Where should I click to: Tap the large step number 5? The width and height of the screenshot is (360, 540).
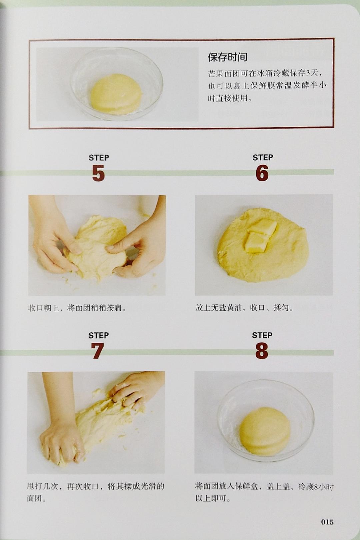(x=98, y=173)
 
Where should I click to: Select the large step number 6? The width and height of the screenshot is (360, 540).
(x=262, y=173)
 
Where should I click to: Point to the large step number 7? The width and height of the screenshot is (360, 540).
(x=97, y=351)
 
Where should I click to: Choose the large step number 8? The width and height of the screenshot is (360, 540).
(x=262, y=351)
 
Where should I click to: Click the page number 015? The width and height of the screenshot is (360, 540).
(x=327, y=522)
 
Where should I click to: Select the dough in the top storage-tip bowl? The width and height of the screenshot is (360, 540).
(x=116, y=94)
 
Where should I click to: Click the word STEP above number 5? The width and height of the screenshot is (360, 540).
(x=99, y=158)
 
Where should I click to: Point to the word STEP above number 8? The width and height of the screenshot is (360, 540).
(x=262, y=335)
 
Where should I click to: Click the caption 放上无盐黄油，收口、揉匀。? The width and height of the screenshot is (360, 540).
(x=245, y=308)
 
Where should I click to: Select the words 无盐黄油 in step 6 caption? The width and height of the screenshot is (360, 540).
(x=226, y=308)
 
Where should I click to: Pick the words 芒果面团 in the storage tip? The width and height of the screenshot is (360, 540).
(x=224, y=73)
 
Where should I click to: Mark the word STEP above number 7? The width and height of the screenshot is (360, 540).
(x=98, y=335)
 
